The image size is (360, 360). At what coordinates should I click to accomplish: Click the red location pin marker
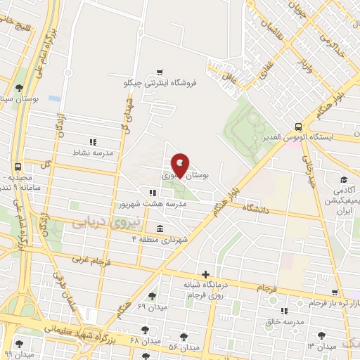pyautogui.click(x=180, y=165)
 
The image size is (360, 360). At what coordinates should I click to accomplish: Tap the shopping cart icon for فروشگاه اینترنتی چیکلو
pyautogui.click(x=161, y=72)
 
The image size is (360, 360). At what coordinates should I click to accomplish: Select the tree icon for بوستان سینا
pyautogui.click(x=18, y=88)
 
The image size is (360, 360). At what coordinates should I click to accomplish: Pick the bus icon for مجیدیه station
pyautogui.click(x=18, y=167)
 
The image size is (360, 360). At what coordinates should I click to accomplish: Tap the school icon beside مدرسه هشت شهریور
pyautogui.click(x=152, y=192)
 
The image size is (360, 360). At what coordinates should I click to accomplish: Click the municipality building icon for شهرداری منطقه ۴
pyautogui.click(x=161, y=229)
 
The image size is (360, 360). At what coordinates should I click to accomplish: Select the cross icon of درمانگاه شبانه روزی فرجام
pyautogui.click(x=205, y=274)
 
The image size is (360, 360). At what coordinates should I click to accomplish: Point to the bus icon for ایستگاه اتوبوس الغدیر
pyautogui.click(x=299, y=127)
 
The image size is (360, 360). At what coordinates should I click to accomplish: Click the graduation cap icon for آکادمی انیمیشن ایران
pyautogui.click(x=344, y=180)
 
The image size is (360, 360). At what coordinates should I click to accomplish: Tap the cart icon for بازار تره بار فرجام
pyautogui.click(x=336, y=291)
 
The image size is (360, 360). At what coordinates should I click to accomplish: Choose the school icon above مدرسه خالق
pyautogui.click(x=283, y=311)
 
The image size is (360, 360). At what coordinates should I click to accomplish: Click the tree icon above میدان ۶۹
pyautogui.click(x=152, y=297)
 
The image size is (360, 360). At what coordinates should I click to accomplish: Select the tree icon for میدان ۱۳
pyautogui.click(x=322, y=335)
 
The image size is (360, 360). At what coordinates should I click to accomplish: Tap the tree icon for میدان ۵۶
pyautogui.click(x=184, y=337)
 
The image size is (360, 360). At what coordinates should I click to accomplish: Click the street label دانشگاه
pyautogui.click(x=256, y=209)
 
